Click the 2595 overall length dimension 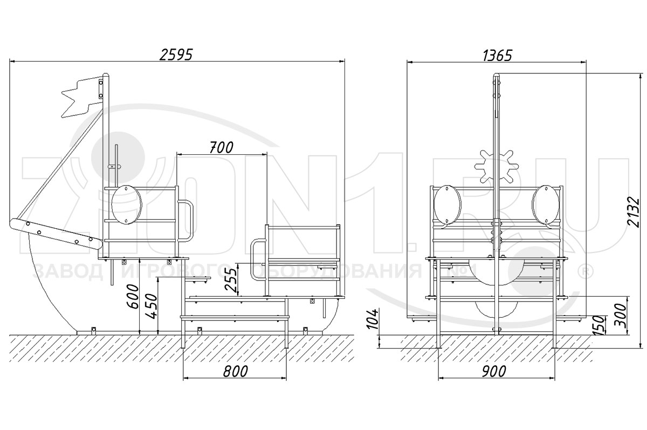point(176,54)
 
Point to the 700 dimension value point(221,148)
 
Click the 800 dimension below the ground point(236,371)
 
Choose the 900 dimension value point(494,371)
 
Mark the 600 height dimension point(133,297)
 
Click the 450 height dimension point(152,306)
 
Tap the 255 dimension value point(232,279)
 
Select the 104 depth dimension point(373,319)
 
